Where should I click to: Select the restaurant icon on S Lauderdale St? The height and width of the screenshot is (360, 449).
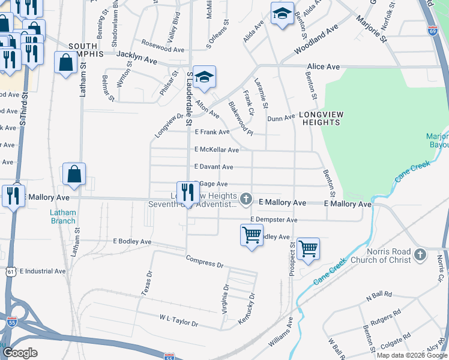[x=188, y=193]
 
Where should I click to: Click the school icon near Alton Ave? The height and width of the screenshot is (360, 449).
[x=204, y=77]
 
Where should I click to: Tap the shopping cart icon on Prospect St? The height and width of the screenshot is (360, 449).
[x=308, y=248]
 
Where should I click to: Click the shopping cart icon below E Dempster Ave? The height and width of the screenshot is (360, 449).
[x=252, y=235]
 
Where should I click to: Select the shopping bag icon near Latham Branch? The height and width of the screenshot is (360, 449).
[x=74, y=175]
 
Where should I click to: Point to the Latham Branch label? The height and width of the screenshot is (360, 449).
[x=63, y=217]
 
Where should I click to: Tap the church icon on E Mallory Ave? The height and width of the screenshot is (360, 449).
[x=246, y=198]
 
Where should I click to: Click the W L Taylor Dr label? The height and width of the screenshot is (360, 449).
[x=179, y=320]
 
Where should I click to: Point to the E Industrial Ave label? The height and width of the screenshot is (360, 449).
[x=43, y=271]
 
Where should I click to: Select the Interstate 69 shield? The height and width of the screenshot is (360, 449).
[x=432, y=30]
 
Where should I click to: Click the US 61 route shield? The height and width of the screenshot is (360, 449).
[x=10, y=272]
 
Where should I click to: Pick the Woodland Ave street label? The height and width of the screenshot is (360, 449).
[x=316, y=38]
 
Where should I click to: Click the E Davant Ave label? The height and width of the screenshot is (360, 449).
[x=214, y=167]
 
